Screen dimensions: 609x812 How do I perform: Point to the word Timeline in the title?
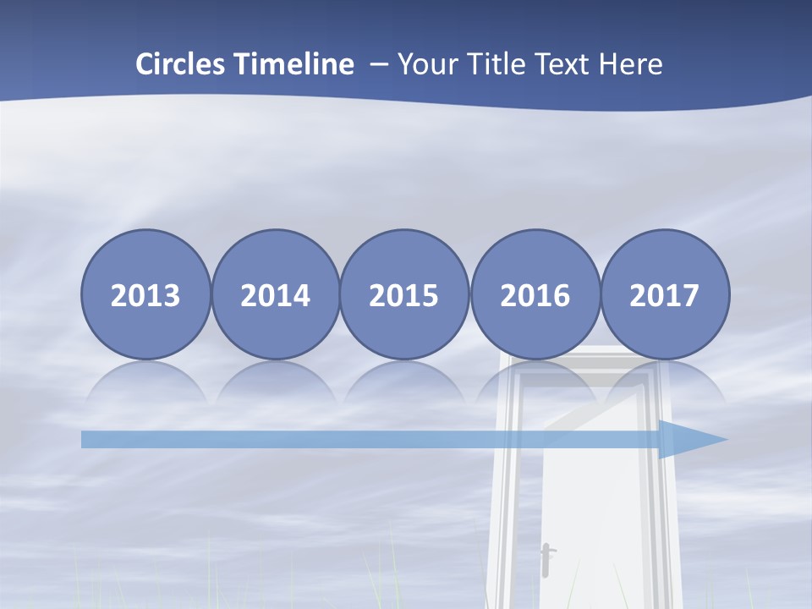(x=295, y=64)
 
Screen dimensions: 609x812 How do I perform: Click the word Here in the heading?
(x=631, y=64)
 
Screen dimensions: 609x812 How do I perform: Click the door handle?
(x=546, y=558)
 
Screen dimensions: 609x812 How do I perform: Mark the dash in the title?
(x=376, y=64)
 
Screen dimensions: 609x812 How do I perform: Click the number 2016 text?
(x=535, y=296)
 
